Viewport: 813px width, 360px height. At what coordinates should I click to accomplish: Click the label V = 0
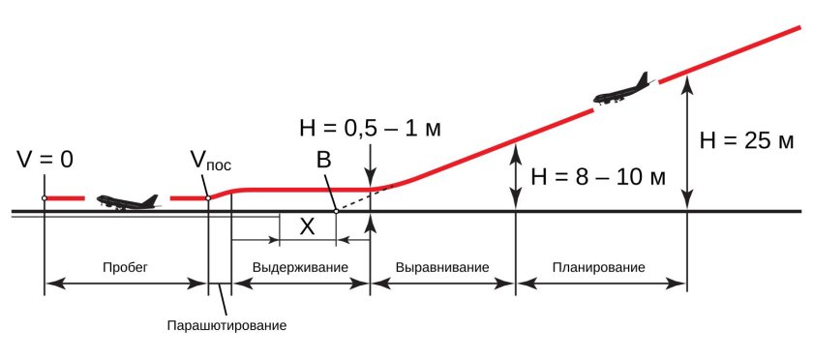[x=45, y=159]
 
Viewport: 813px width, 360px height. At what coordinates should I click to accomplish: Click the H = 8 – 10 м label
[x=598, y=177]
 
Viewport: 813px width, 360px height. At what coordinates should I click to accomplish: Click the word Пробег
[x=125, y=267]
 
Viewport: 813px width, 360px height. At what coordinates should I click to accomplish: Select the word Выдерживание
[x=300, y=267]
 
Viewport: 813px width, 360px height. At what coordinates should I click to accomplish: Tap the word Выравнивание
[x=442, y=267]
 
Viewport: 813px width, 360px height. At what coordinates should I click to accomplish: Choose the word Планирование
[x=600, y=267]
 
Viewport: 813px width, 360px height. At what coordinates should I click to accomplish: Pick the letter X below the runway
[x=307, y=226]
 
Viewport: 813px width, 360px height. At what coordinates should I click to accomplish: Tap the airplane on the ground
[x=127, y=201]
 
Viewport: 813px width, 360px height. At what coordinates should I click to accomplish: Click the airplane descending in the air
[x=622, y=90]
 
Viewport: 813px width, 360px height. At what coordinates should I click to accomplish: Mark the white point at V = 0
[x=45, y=198]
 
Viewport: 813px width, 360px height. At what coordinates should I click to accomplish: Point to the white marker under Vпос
[x=208, y=198]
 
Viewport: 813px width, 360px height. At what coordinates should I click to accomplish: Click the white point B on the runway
[x=334, y=211]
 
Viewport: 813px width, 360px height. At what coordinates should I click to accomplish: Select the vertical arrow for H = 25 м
[x=686, y=145]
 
